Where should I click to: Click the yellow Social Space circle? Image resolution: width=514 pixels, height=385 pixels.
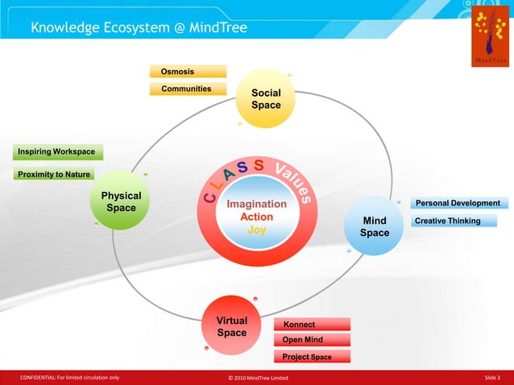(265, 100)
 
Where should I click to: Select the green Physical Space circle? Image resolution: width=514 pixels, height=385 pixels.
(121, 202)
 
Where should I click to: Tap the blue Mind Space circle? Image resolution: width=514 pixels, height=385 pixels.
(375, 226)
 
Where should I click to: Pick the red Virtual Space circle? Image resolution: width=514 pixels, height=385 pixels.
(231, 326)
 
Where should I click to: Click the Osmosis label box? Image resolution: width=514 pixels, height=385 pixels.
(188, 72)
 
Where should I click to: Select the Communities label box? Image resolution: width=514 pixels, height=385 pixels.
(188, 89)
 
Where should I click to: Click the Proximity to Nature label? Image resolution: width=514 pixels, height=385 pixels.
(53, 175)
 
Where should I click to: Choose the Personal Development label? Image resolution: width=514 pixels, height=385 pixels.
(458, 203)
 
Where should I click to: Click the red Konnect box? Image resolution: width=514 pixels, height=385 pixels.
(312, 324)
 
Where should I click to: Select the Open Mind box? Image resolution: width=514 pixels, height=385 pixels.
(312, 340)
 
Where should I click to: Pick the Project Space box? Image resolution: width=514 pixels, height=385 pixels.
(312, 357)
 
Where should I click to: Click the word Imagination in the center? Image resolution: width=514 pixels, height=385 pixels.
(256, 205)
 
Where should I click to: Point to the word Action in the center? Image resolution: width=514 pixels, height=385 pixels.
(256, 217)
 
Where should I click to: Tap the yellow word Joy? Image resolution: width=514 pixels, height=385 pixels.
(256, 230)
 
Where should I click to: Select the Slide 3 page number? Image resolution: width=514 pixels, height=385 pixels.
(492, 378)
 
